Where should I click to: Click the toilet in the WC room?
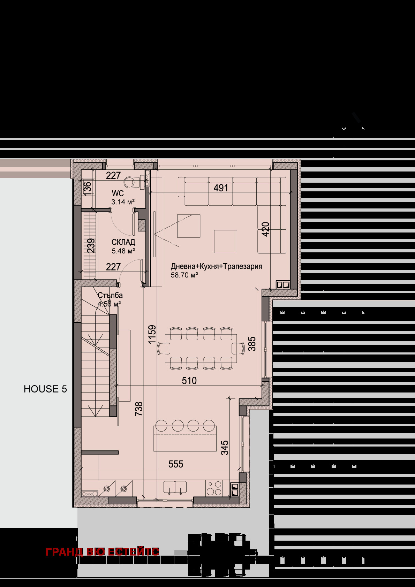(132, 182)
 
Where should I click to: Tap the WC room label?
(118, 193)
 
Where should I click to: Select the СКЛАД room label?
(123, 242)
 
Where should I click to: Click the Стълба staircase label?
(110, 295)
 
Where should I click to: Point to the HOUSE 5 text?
(45, 389)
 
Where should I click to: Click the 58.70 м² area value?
(184, 275)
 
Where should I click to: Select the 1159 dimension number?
(152, 335)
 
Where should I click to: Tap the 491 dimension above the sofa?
(221, 188)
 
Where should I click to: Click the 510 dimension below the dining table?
(189, 381)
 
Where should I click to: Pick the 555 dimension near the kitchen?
(176, 464)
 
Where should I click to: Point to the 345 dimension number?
(225, 448)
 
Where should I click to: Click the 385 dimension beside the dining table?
(252, 344)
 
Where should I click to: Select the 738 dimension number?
(139, 409)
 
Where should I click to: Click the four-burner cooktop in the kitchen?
(214, 488)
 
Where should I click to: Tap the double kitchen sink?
(175, 487)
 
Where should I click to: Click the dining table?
(201, 349)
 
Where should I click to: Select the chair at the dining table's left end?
(164, 349)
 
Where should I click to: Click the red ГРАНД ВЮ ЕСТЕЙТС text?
(102, 552)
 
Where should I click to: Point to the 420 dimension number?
(266, 229)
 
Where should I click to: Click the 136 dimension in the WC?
(87, 187)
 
